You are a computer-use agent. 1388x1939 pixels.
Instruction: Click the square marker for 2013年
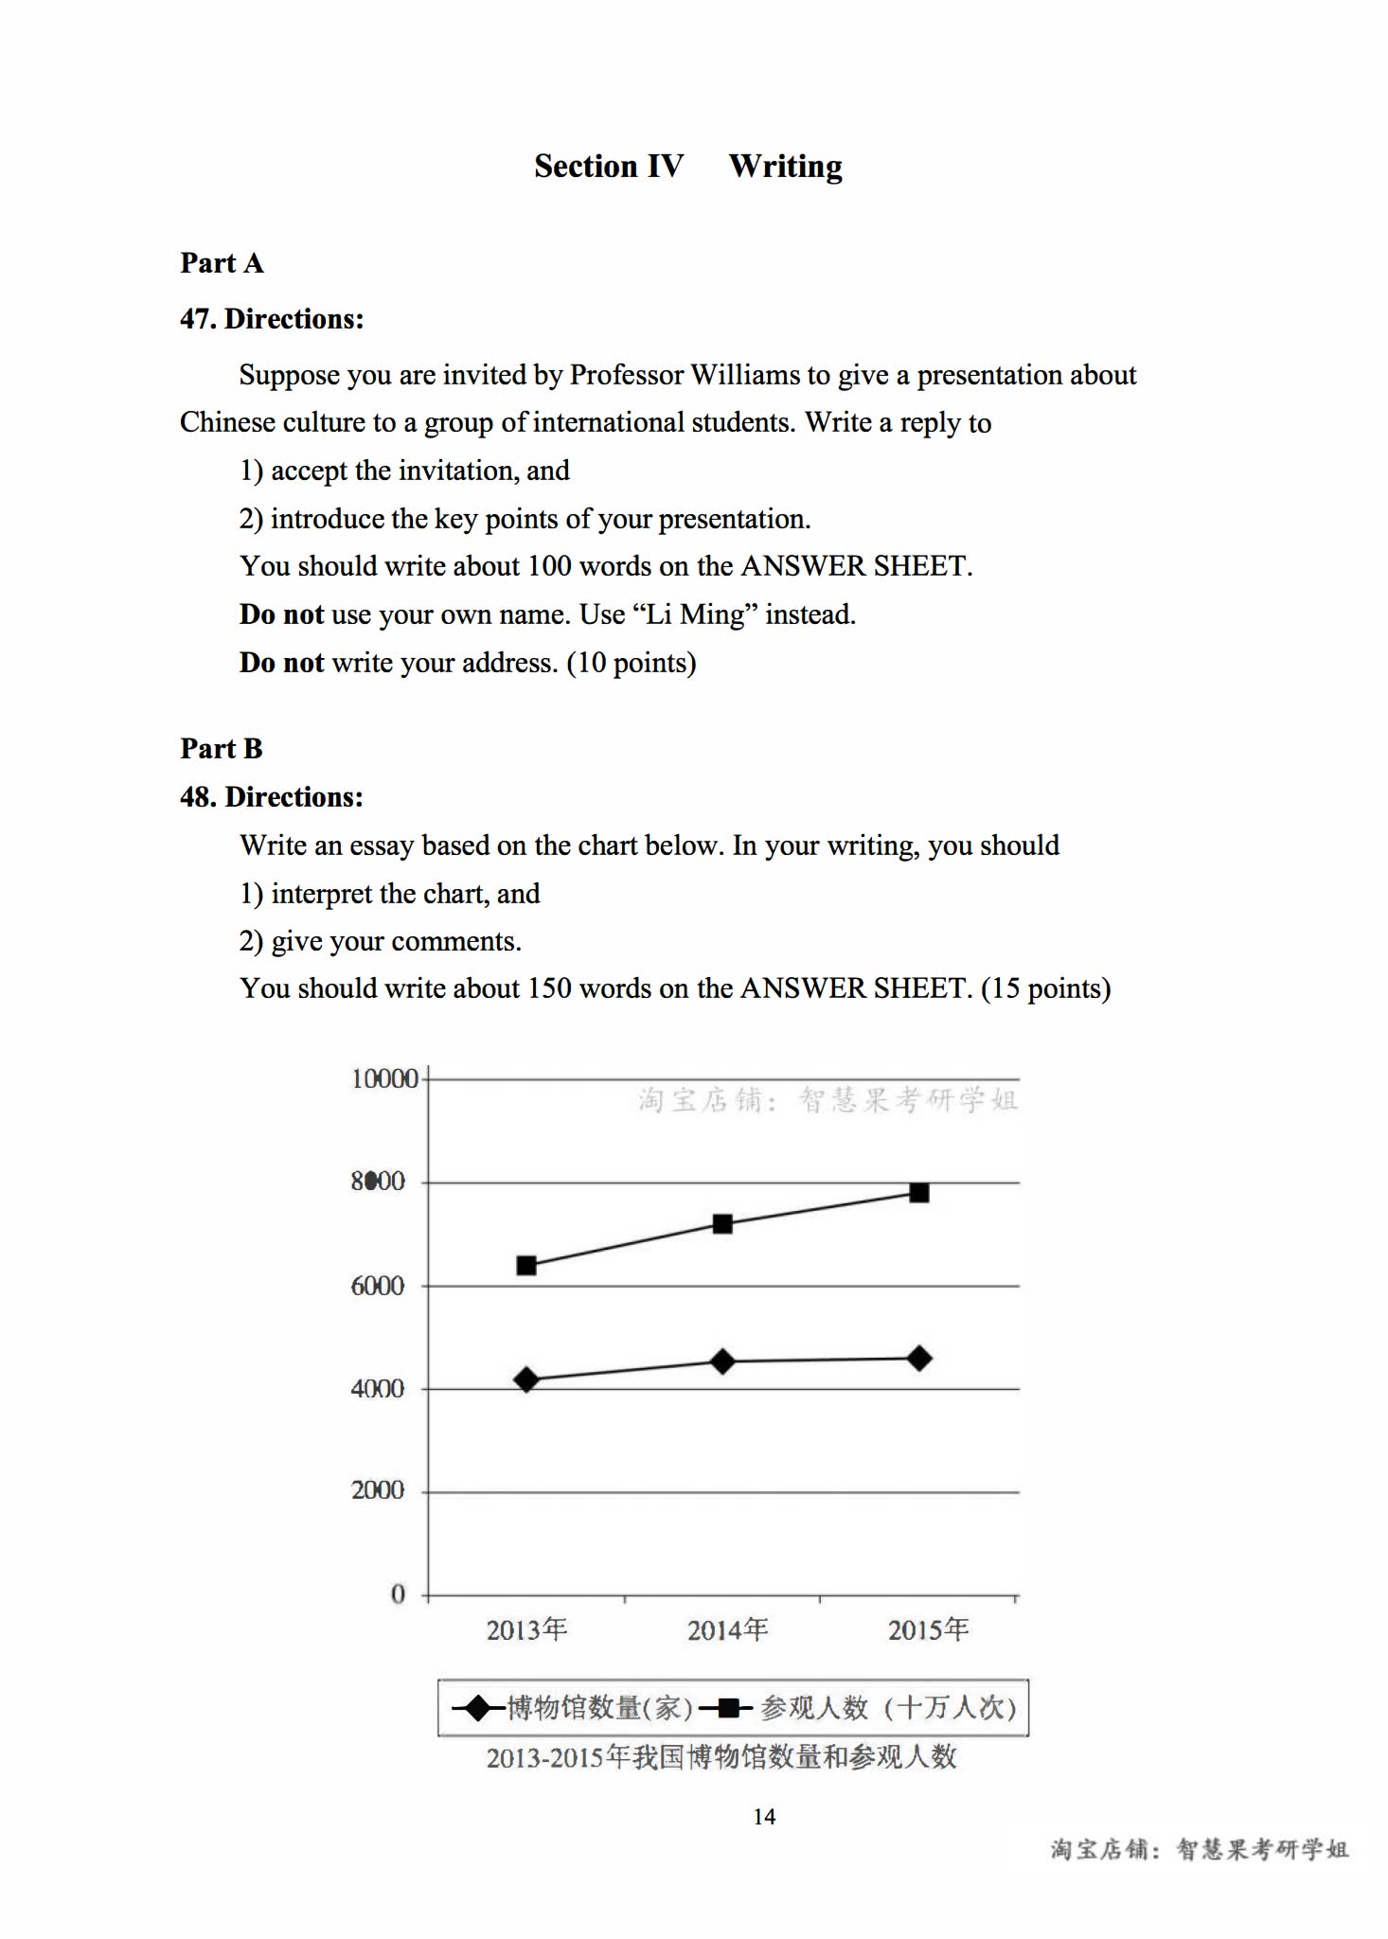click(526, 1265)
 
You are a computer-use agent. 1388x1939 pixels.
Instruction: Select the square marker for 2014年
click(722, 1223)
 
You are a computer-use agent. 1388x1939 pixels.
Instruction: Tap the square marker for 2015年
click(918, 1192)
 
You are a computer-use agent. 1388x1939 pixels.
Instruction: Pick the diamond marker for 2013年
click(526, 1379)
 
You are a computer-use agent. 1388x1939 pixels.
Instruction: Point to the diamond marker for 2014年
click(722, 1361)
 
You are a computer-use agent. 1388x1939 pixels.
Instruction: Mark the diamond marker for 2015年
click(918, 1359)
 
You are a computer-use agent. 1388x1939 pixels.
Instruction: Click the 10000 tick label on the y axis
click(384, 1078)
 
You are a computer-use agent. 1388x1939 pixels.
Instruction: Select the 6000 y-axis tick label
click(378, 1286)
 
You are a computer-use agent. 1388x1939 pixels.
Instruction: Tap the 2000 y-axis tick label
click(378, 1490)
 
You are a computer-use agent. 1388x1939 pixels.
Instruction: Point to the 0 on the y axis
click(398, 1594)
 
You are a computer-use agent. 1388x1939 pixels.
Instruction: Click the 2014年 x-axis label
click(727, 1629)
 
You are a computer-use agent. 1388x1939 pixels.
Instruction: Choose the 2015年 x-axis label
click(928, 1629)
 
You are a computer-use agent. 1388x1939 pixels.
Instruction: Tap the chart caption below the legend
click(721, 1757)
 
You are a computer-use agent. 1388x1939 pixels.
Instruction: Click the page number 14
click(764, 1816)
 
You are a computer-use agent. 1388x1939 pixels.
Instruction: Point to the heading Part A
click(222, 262)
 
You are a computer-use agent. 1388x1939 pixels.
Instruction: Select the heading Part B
click(222, 748)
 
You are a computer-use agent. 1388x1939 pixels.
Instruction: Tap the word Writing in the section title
click(785, 167)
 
